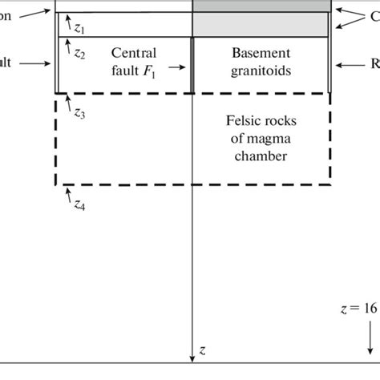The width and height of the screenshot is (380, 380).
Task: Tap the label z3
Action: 79,113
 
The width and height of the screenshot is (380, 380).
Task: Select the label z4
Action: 80,205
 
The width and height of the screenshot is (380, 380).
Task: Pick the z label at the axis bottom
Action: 204,350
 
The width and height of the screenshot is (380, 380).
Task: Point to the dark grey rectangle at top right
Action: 261,6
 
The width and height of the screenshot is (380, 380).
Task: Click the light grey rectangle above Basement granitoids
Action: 261,24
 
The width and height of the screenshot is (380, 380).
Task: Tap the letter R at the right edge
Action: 374,63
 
